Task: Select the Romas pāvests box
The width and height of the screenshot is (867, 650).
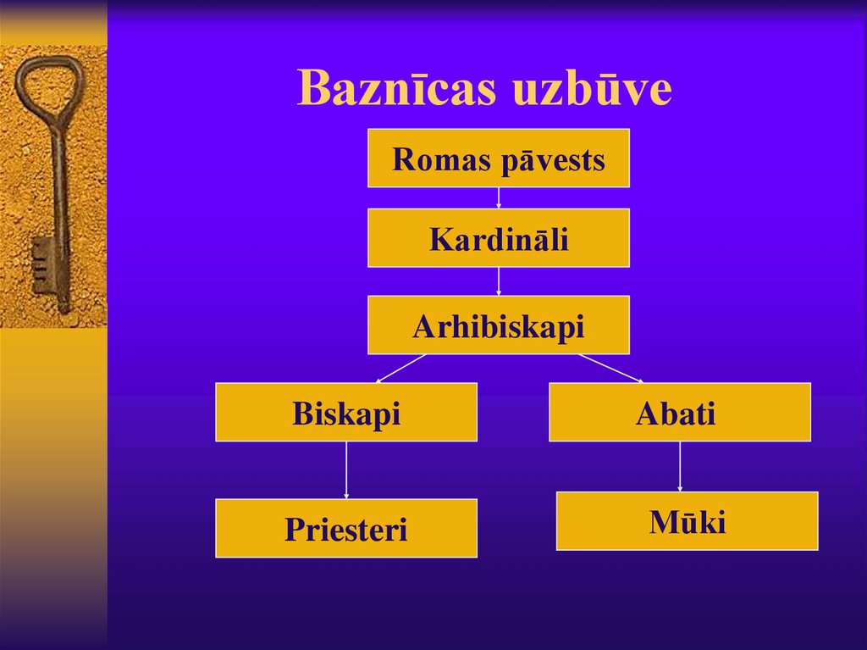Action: coord(498,158)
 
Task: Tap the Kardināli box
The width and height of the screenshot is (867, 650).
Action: coord(498,239)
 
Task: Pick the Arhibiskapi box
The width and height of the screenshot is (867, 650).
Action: coord(498,325)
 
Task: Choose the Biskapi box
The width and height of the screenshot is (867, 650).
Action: coord(345,413)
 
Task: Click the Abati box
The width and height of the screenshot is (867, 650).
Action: coord(679,413)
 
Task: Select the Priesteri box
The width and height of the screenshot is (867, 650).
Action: coord(345,529)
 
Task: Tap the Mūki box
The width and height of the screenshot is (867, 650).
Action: coord(687,522)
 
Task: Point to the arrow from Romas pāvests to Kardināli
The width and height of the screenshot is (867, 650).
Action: coord(498,197)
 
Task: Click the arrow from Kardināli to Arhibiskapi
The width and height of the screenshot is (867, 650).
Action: coord(498,281)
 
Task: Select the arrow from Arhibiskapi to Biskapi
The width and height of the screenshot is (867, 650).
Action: coord(401,368)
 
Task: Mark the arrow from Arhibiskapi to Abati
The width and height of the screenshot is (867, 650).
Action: coord(610,368)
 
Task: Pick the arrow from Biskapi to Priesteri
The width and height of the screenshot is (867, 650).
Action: coord(345,469)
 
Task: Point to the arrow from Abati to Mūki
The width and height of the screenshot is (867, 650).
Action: coord(679,466)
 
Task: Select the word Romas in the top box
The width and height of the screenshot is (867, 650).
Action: coord(441,159)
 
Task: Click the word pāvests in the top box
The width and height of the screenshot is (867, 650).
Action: coord(552,159)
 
